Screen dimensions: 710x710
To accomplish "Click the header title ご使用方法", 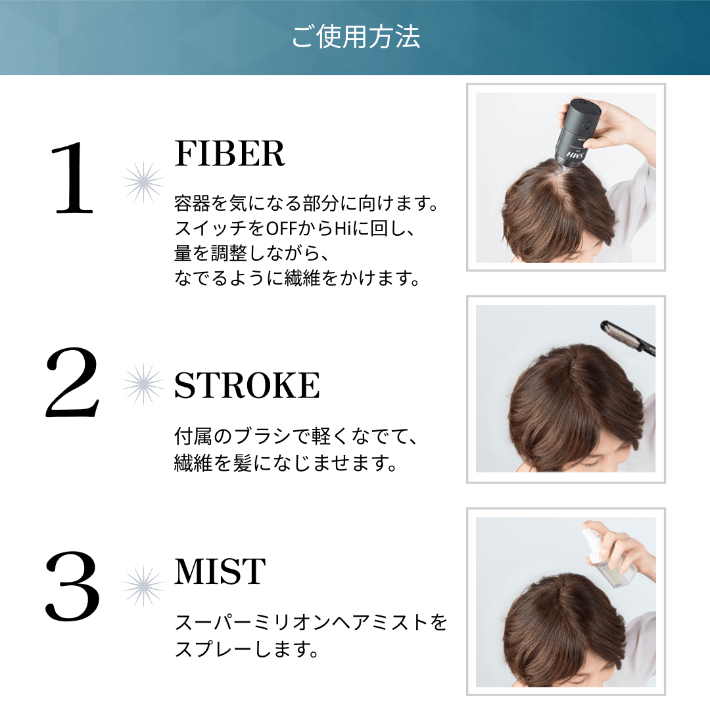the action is (x=356, y=37).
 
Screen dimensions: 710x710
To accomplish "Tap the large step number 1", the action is (x=74, y=177).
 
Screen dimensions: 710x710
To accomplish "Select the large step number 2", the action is (x=72, y=382).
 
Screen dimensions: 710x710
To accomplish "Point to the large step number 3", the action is (x=72, y=586).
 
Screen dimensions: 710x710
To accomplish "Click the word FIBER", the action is (x=229, y=154).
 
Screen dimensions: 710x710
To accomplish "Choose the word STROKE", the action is (x=247, y=385).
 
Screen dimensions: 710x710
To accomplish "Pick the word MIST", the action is (x=220, y=571).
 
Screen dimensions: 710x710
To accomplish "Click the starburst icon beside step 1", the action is (x=143, y=182).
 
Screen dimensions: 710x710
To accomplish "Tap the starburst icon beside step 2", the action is (x=143, y=384).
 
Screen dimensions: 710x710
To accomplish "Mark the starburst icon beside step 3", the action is (x=143, y=586).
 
